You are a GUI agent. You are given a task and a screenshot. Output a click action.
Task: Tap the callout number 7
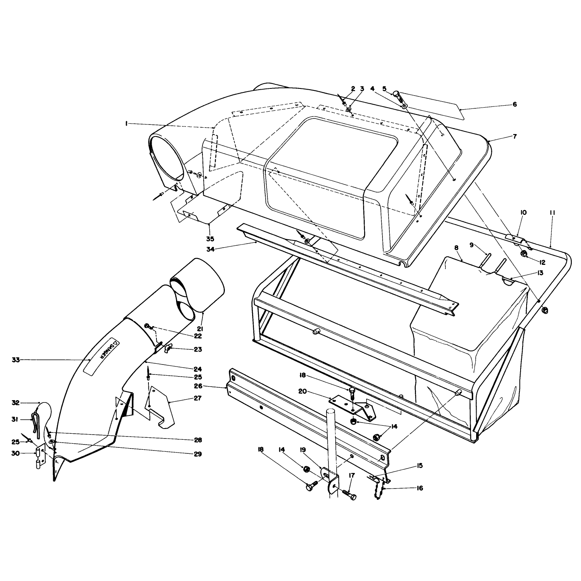515,136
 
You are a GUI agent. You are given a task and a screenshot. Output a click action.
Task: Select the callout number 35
210,239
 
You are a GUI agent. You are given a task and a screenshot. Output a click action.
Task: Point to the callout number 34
210,249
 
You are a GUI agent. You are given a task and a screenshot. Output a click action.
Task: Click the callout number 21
200,329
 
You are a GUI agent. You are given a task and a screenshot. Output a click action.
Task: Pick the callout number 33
16,360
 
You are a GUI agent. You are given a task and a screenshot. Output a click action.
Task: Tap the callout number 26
198,386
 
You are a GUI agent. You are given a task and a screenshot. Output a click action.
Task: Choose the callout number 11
552,213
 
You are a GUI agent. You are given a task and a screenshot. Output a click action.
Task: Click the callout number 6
515,104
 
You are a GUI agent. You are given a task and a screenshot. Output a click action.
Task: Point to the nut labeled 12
524,254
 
